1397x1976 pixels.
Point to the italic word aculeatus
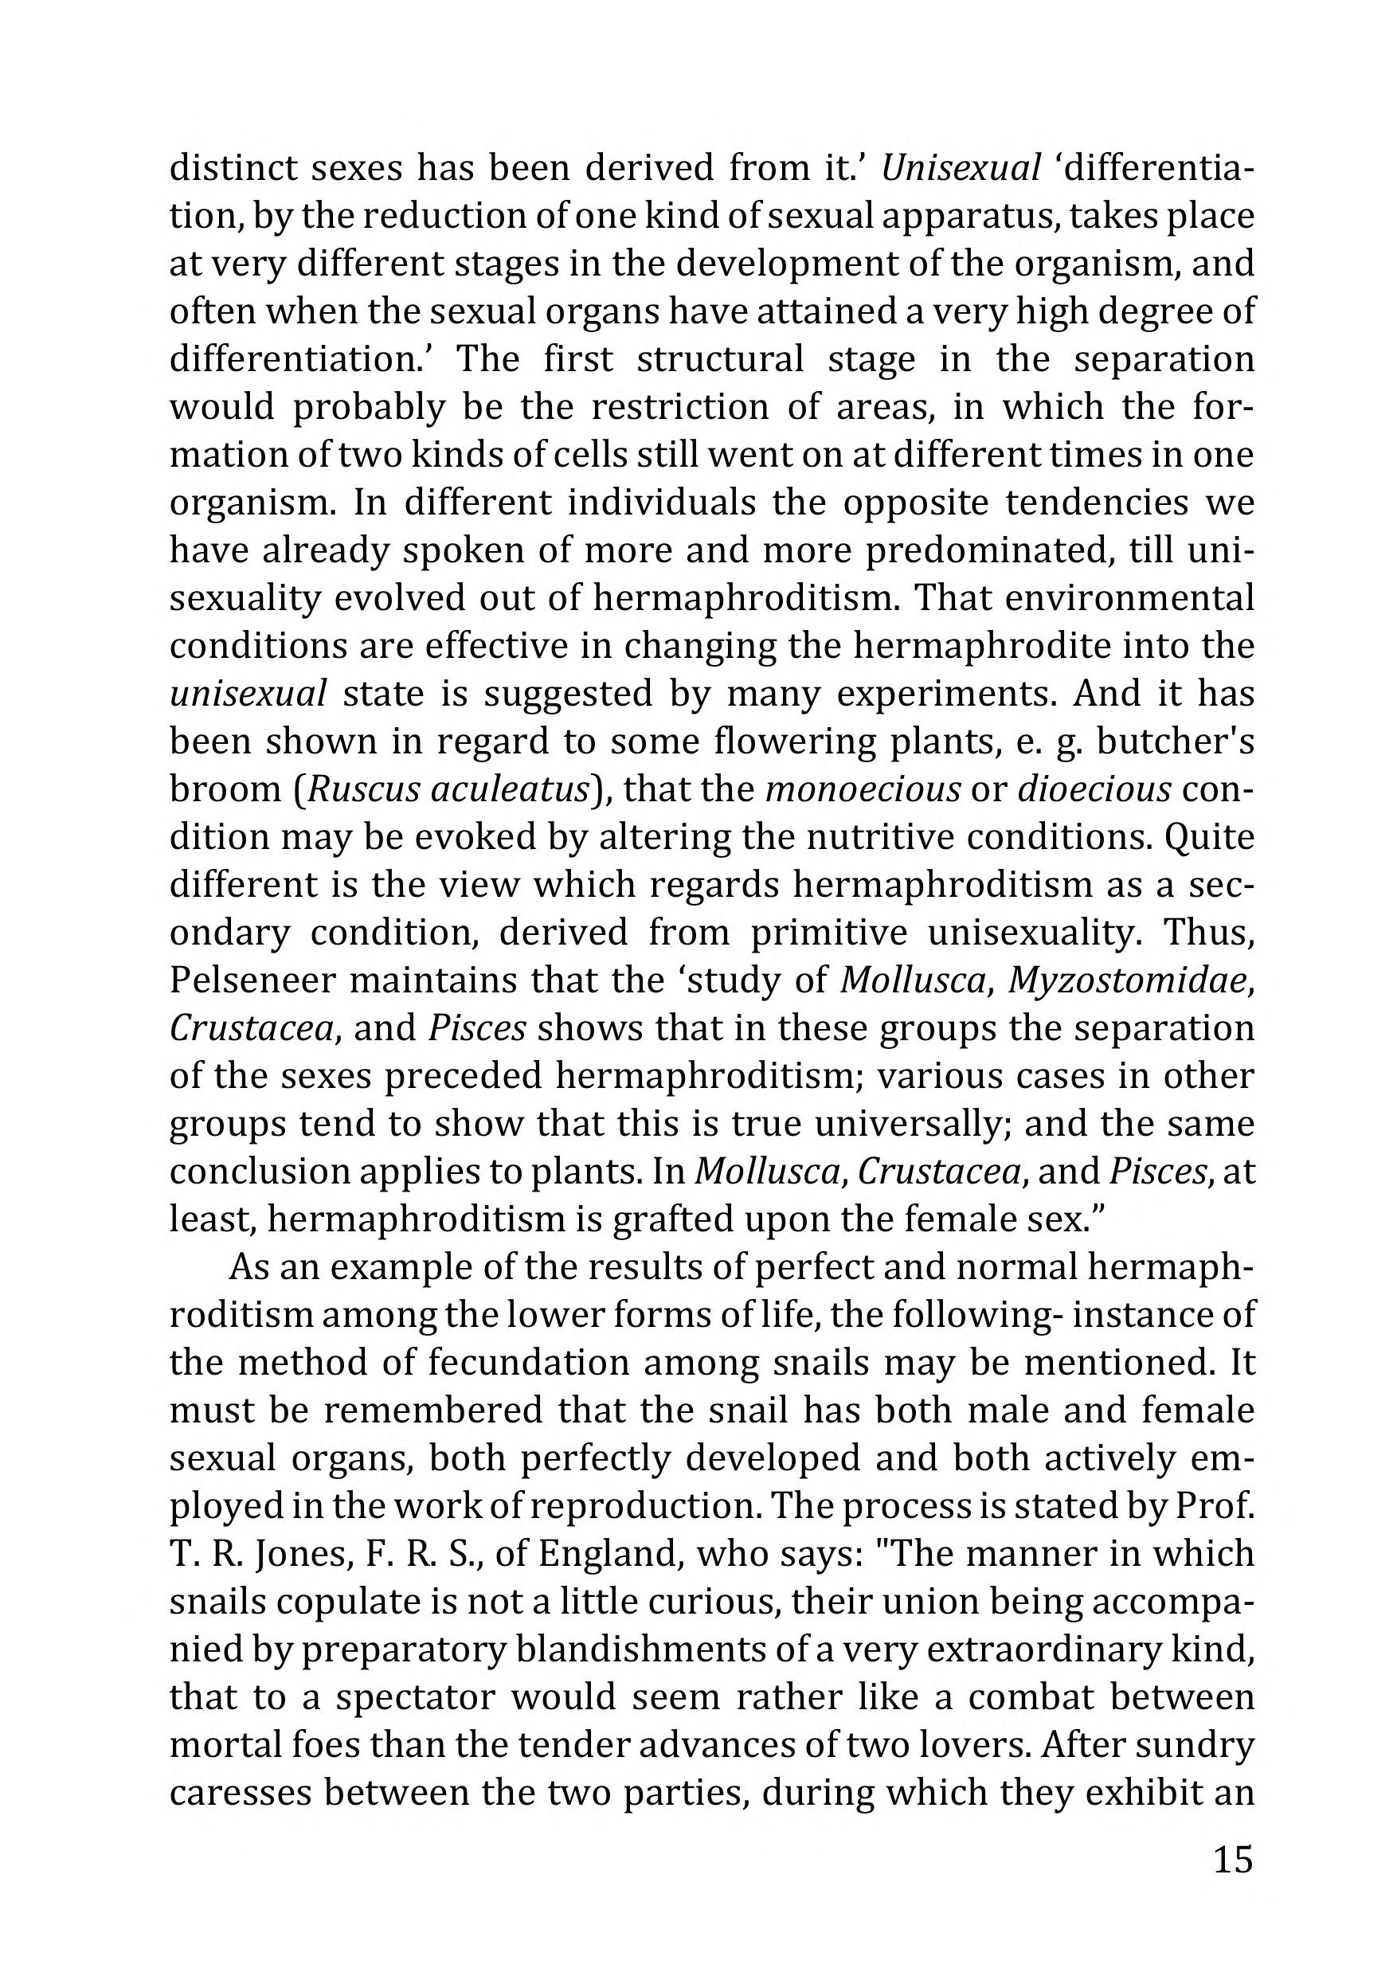click(x=509, y=789)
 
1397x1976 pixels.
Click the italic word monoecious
click(x=862, y=789)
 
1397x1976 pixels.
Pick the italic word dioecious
click(x=1094, y=789)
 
